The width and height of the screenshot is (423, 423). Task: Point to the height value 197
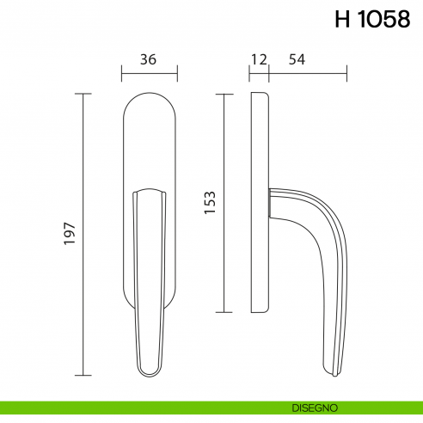[x=70, y=234]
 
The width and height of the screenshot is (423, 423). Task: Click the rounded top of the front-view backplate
[x=150, y=96]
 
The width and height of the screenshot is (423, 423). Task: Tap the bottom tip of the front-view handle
[x=150, y=375]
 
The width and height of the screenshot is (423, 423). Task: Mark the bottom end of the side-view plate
[x=261, y=310]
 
